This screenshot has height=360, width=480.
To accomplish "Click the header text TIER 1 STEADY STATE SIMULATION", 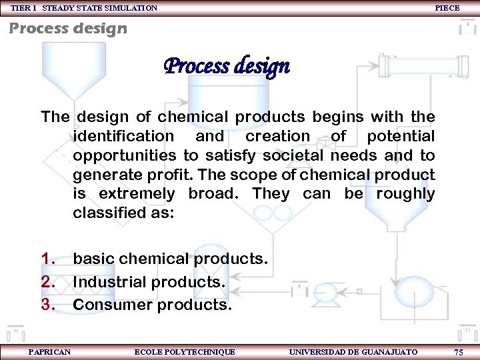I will click(x=84, y=8).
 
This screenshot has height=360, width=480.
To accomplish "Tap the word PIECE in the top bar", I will click(x=447, y=8).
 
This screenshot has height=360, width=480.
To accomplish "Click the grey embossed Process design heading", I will click(x=67, y=29).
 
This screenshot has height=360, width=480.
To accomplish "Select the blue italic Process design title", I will click(x=227, y=67).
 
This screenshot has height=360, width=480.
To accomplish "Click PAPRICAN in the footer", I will click(x=49, y=351).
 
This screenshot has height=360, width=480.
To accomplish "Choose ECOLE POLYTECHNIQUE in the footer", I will click(x=185, y=351).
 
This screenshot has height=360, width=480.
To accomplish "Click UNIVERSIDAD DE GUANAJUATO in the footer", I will click(x=353, y=351).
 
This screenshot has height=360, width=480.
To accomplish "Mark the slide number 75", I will click(x=458, y=351).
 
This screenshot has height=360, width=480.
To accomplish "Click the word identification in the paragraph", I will click(x=123, y=137).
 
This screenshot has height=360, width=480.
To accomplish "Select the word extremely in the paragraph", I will click(x=137, y=195).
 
